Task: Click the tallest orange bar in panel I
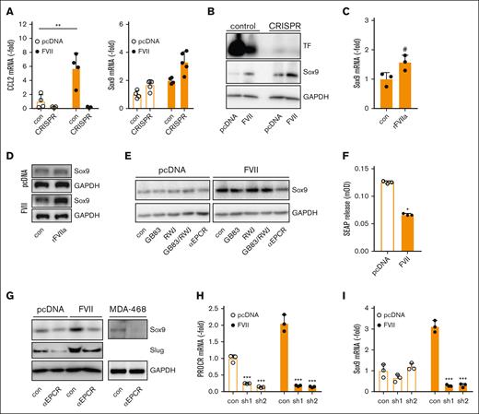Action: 434,357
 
